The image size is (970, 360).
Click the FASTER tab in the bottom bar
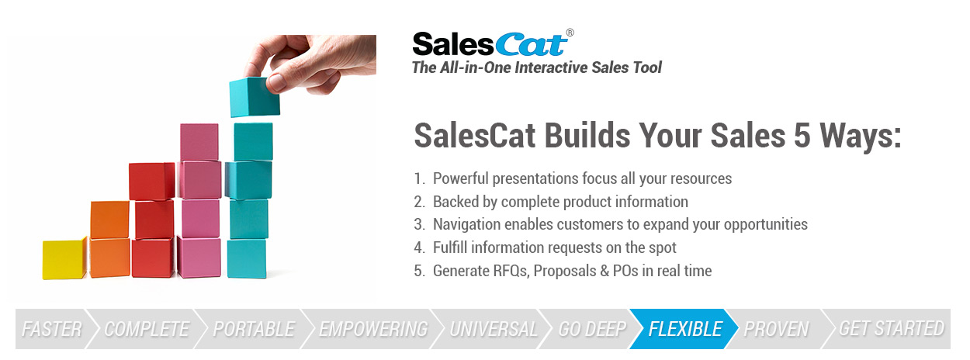pyautogui.click(x=52, y=329)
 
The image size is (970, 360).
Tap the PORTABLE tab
pyautogui.click(x=254, y=329)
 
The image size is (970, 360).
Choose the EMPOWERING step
pyautogui.click(x=373, y=329)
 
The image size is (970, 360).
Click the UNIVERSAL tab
pyautogui.click(x=494, y=329)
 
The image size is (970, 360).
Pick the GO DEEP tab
pyautogui.click(x=592, y=329)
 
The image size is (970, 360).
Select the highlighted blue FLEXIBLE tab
pyautogui.click(x=685, y=329)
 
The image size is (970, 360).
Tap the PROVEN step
pyautogui.click(x=776, y=329)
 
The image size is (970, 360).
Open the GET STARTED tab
pyautogui.click(x=891, y=329)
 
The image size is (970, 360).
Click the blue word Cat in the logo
pyautogui.click(x=531, y=45)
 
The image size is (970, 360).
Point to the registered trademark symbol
pyautogui.click(x=570, y=33)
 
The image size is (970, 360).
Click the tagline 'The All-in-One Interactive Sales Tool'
pyautogui.click(x=537, y=67)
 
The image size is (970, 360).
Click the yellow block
pyautogui.click(x=64, y=259)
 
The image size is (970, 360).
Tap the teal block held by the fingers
pyautogui.click(x=255, y=97)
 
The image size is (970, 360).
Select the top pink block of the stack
pyautogui.click(x=199, y=142)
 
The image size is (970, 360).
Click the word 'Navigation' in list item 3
pyautogui.click(x=466, y=224)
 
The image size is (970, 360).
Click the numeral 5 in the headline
pyautogui.click(x=802, y=136)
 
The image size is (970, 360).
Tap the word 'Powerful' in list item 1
pyautogui.click(x=460, y=178)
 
